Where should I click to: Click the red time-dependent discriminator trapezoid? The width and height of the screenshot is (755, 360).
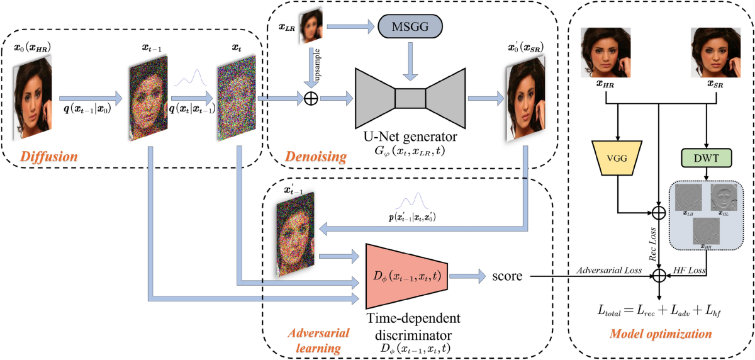coord(406,275)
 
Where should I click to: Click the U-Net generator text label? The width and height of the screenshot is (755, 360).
coord(410,137)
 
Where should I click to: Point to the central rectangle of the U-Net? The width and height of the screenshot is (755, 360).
coord(410,99)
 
